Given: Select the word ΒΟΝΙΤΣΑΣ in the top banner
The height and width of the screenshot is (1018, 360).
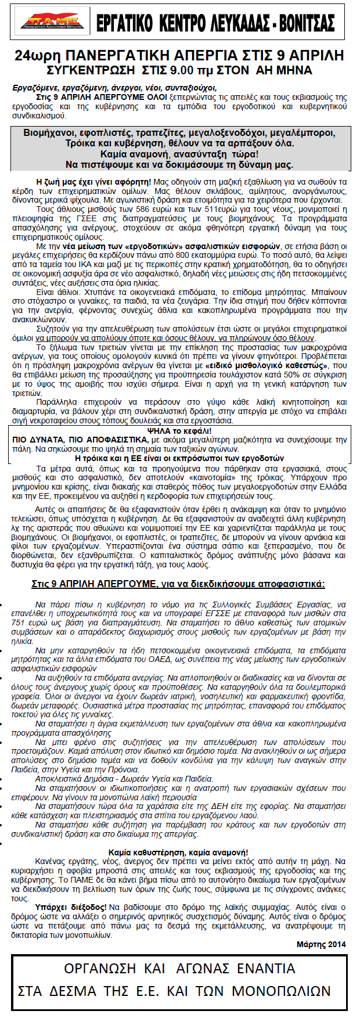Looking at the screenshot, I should (x=307, y=23).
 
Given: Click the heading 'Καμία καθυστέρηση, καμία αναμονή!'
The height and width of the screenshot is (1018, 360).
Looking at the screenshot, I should (x=179, y=852).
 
